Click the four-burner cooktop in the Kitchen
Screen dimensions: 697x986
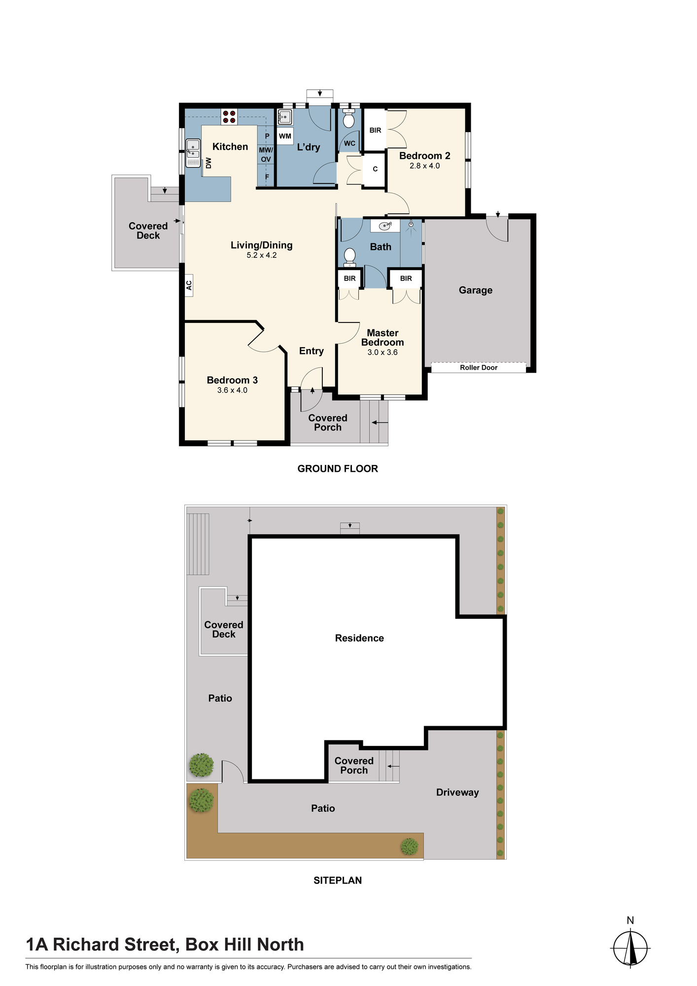point(229,117)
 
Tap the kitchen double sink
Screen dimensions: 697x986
point(193,153)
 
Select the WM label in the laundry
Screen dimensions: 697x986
point(285,136)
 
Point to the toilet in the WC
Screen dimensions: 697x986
point(349,118)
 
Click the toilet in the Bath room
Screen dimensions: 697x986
point(349,257)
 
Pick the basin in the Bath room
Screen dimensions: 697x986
point(385,226)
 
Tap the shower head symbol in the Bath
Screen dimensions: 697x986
point(411,225)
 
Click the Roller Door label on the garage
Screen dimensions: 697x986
point(479,367)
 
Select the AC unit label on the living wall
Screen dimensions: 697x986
point(189,285)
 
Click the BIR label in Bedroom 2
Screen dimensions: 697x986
point(375,130)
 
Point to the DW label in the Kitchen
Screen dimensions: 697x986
point(209,163)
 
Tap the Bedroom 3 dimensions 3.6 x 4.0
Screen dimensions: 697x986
point(232,390)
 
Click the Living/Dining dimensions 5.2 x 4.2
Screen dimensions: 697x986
point(262,255)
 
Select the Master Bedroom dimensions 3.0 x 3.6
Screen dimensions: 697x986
point(383,352)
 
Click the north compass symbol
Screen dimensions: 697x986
point(630,948)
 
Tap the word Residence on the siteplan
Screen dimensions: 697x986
point(359,638)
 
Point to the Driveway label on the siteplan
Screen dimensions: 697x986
point(457,792)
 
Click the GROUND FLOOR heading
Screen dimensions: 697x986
point(338,468)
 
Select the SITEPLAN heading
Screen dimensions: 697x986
point(338,880)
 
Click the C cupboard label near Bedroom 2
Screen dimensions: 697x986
point(375,169)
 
